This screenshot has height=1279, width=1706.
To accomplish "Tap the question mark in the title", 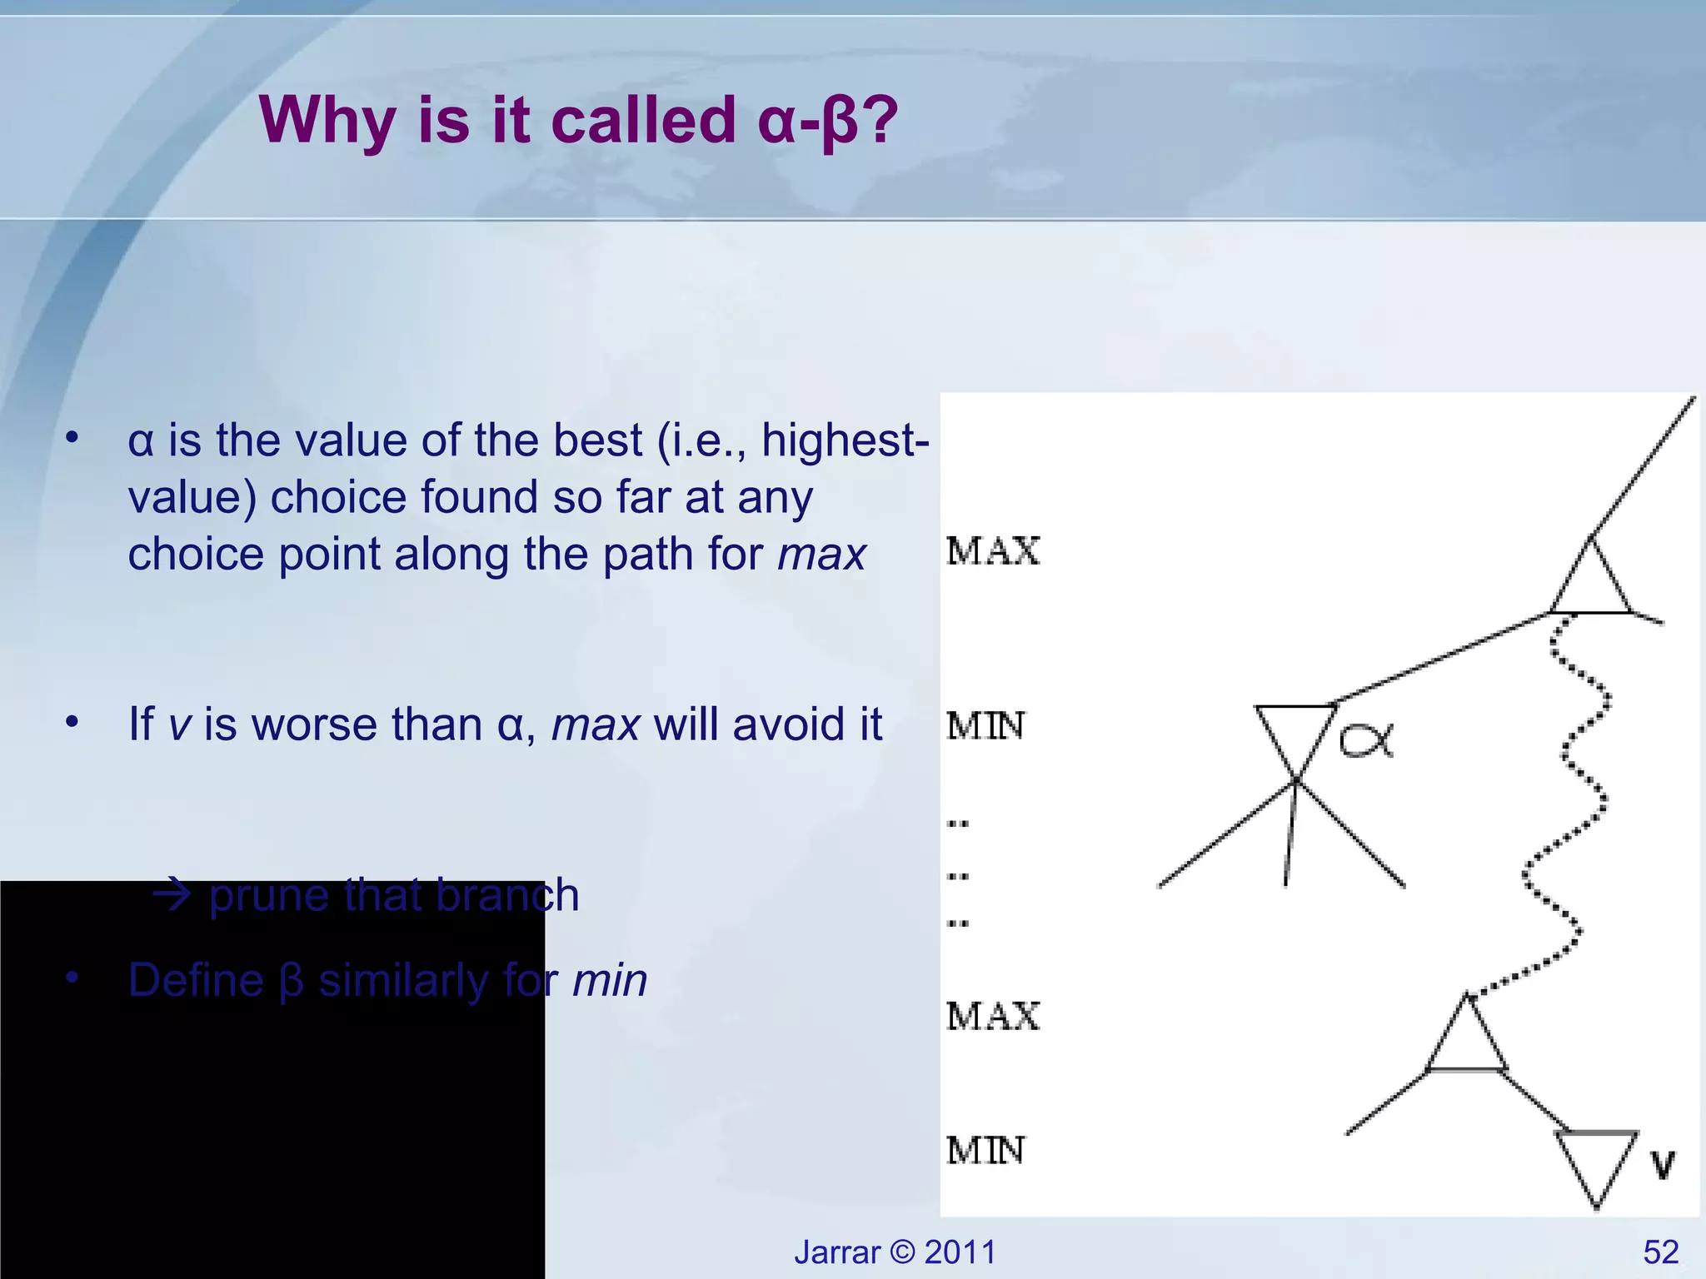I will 880,120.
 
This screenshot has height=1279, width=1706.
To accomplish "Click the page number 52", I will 1660,1252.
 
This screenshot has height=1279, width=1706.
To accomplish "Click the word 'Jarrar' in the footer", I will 836,1252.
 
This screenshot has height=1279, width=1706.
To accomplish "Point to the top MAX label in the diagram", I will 993,551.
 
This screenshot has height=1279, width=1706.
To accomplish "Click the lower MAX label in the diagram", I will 993,1017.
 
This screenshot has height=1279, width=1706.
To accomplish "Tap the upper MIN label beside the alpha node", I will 985,726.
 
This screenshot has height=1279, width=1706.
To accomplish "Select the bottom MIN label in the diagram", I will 985,1151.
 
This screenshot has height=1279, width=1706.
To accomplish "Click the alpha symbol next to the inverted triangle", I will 1366,740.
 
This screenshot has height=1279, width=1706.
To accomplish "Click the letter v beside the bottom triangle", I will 1662,1165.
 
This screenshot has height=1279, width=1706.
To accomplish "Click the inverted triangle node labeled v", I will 1596,1162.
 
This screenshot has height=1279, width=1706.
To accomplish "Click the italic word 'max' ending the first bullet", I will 821,555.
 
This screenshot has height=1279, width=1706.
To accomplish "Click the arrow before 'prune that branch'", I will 172,896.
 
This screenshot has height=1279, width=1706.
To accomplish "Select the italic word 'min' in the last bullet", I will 610,981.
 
